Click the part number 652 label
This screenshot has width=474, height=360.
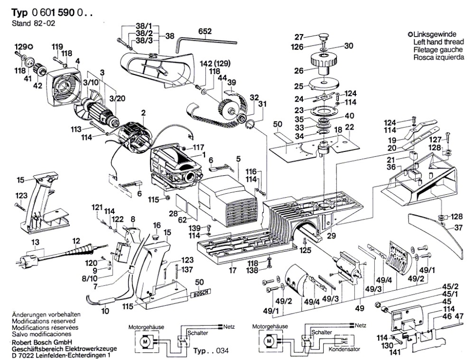(x=204, y=31)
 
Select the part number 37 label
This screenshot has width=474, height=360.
(x=458, y=227)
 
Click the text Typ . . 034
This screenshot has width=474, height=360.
(x=211, y=351)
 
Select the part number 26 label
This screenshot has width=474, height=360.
(x=298, y=71)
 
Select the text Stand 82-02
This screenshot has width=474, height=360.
(x=32, y=23)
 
